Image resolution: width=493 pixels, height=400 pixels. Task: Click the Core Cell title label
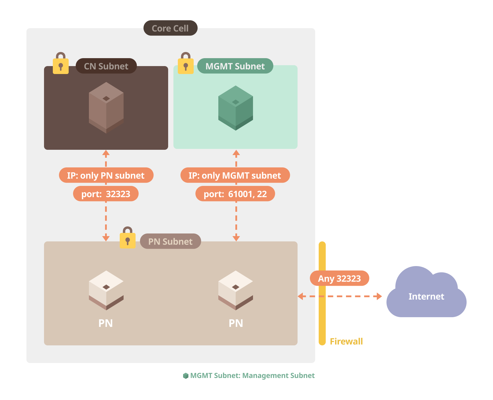point(170,28)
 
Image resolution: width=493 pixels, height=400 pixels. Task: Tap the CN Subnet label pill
point(106,66)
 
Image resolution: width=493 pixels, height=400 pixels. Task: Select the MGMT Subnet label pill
point(235,66)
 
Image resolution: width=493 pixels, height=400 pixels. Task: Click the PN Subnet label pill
point(170,241)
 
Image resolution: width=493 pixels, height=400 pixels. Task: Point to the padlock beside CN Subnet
point(61,64)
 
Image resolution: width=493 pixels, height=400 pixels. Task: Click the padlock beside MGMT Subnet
point(186,64)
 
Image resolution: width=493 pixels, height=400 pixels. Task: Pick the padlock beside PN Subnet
point(128,238)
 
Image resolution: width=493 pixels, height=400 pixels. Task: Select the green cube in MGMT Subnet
point(236,108)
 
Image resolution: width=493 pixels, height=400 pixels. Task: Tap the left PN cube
point(106,290)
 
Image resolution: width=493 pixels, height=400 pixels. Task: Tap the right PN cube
point(236,290)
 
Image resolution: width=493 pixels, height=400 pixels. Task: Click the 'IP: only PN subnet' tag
point(106,175)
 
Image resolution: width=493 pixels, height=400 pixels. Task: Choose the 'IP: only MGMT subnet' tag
point(235,175)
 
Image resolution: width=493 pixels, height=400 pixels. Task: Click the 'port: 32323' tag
point(106,194)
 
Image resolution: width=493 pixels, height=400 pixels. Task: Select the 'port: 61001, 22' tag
point(235,194)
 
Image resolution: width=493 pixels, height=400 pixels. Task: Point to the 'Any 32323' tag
point(339,278)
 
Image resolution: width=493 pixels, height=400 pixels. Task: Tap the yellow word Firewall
point(346,341)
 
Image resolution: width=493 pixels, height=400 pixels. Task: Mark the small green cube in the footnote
point(186,376)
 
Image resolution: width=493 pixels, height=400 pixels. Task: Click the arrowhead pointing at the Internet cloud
point(379,296)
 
